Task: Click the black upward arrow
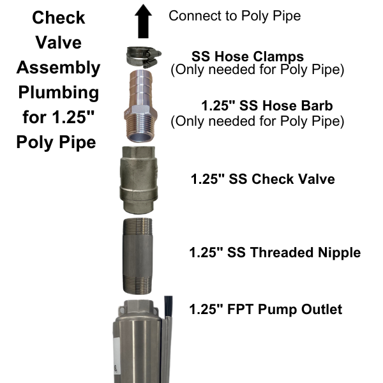(144, 22)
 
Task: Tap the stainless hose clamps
(144, 57)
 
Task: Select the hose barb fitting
(140, 106)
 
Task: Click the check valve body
(139, 180)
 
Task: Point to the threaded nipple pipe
(137, 256)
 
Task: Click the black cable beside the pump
(169, 307)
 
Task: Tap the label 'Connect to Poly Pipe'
(234, 16)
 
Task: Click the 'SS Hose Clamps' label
(248, 56)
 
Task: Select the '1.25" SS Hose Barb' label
(267, 105)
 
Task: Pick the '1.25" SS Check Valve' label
(262, 179)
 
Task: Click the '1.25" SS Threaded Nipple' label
(274, 252)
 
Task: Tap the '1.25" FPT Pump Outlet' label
(266, 309)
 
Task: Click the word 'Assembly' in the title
(58, 68)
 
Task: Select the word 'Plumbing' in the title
(59, 93)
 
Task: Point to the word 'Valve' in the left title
(59, 43)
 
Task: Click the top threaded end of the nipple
(138, 227)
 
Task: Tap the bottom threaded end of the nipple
(137, 285)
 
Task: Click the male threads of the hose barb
(140, 129)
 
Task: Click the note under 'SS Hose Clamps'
(257, 70)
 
